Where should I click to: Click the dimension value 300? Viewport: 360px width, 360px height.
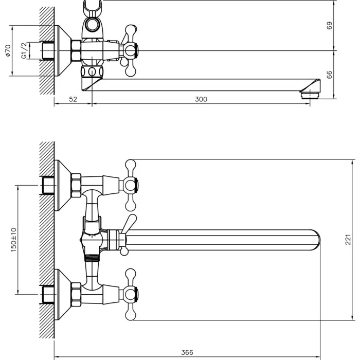click(x=201, y=99)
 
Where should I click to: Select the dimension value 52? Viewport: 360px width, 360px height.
click(x=73, y=99)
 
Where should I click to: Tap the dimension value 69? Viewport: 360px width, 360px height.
click(x=329, y=26)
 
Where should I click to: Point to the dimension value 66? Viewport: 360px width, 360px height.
click(x=329, y=75)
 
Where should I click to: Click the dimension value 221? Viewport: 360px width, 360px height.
click(x=348, y=240)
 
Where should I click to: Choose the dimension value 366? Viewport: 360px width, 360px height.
click(x=187, y=352)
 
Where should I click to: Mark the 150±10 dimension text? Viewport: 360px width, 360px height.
click(x=13, y=240)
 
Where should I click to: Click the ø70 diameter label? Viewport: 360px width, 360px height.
click(x=8, y=50)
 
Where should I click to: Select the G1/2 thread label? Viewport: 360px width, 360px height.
click(x=24, y=50)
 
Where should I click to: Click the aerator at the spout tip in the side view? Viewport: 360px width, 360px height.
click(x=310, y=95)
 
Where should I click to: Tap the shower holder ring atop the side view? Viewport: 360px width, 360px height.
click(x=92, y=24)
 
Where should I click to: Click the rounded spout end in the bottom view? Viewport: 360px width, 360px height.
click(x=316, y=240)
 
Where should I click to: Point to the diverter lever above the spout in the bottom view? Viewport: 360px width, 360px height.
click(x=129, y=224)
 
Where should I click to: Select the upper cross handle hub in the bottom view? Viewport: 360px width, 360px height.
click(x=130, y=185)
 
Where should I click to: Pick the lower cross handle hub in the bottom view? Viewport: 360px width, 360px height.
click(x=130, y=294)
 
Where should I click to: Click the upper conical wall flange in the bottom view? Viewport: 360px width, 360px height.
click(x=63, y=185)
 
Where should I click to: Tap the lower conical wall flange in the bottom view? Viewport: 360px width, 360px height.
click(x=63, y=294)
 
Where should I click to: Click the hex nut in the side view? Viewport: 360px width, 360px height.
click(x=76, y=50)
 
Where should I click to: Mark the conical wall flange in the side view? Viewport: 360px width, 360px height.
click(x=63, y=50)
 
